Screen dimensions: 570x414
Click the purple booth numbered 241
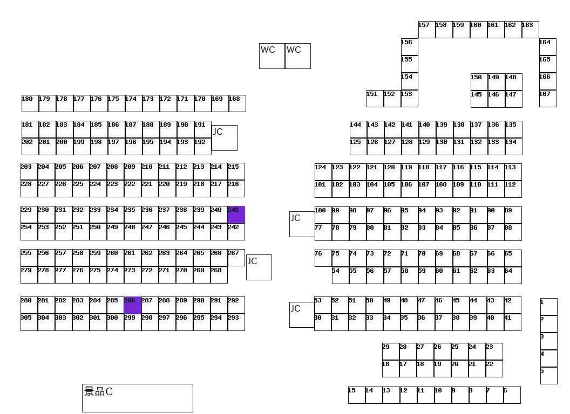(x=236, y=215)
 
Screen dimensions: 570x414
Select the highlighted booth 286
(x=133, y=305)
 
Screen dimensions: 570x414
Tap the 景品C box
(x=138, y=398)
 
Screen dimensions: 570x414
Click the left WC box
(x=272, y=56)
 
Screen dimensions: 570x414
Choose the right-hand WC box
(x=298, y=56)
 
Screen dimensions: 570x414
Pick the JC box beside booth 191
(x=225, y=138)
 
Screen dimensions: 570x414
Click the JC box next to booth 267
(x=259, y=267)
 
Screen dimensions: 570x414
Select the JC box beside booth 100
(x=302, y=224)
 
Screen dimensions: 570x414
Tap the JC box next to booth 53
(x=302, y=315)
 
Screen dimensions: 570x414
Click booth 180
(x=30, y=103)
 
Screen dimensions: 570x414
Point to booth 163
(x=531, y=30)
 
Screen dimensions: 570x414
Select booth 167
(x=548, y=99)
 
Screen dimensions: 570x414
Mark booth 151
(x=375, y=99)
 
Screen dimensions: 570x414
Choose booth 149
(x=496, y=82)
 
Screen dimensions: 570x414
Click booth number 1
(x=549, y=307)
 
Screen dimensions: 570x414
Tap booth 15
(x=357, y=395)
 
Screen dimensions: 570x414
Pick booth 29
(x=391, y=351)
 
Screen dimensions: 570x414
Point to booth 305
(x=29, y=322)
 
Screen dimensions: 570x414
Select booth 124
(x=323, y=172)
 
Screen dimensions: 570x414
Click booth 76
(x=323, y=258)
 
